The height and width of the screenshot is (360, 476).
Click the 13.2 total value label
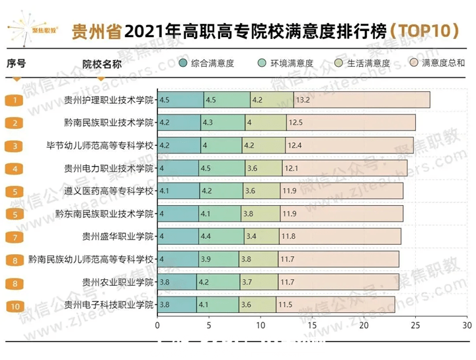[x=303, y=100]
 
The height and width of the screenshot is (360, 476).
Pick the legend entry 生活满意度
[x=362, y=64]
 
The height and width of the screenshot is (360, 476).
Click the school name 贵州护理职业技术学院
[x=108, y=100]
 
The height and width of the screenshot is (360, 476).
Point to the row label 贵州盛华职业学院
[x=118, y=236]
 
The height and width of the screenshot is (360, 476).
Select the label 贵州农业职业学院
[x=118, y=283]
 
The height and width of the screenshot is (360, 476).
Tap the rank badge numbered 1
[x=15, y=101]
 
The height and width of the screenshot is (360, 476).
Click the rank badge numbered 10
[x=15, y=306]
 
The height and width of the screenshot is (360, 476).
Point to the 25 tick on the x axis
[x=416, y=326]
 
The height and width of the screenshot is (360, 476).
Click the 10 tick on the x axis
[x=260, y=326]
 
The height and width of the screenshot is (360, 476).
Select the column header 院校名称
[x=102, y=64]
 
